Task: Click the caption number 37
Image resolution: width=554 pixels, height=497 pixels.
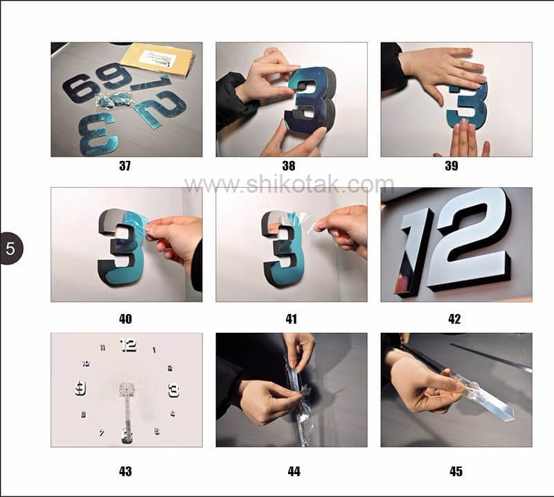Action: click(125, 166)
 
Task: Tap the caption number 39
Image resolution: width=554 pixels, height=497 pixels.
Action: click(451, 166)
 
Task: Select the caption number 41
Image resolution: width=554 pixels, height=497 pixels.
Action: click(291, 319)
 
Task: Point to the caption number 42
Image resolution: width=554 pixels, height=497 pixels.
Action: click(454, 319)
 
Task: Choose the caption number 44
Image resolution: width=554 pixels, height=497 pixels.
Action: click(294, 471)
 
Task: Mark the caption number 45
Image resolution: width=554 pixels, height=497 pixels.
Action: click(456, 471)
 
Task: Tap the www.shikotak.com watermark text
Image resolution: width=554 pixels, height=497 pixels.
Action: click(289, 184)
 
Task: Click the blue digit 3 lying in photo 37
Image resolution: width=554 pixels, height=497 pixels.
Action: click(97, 132)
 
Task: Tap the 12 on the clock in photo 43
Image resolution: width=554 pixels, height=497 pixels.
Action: click(128, 345)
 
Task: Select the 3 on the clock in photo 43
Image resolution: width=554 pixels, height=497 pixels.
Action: click(173, 390)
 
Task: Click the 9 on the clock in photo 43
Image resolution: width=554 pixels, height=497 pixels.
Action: click(80, 387)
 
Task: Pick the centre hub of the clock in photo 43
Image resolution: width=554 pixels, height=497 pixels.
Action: click(127, 389)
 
